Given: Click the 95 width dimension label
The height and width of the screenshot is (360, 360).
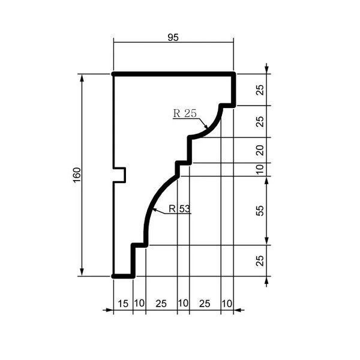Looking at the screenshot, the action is point(173,37).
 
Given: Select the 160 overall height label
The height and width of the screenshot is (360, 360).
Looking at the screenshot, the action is point(77,175).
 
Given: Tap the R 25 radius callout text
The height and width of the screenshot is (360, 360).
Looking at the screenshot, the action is point(185,113).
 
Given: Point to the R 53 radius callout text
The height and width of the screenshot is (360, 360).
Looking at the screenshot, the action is point(179,209).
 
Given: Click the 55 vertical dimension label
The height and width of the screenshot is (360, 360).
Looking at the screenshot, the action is point(260,211).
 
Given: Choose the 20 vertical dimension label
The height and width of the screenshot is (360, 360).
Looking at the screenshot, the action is point(260,151).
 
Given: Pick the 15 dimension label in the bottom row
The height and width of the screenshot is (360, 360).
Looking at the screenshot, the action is point(123,304).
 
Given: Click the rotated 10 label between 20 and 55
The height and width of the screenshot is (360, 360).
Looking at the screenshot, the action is point(260,169).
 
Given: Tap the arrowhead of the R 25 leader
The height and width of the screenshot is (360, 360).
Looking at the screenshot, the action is point(206,126).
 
